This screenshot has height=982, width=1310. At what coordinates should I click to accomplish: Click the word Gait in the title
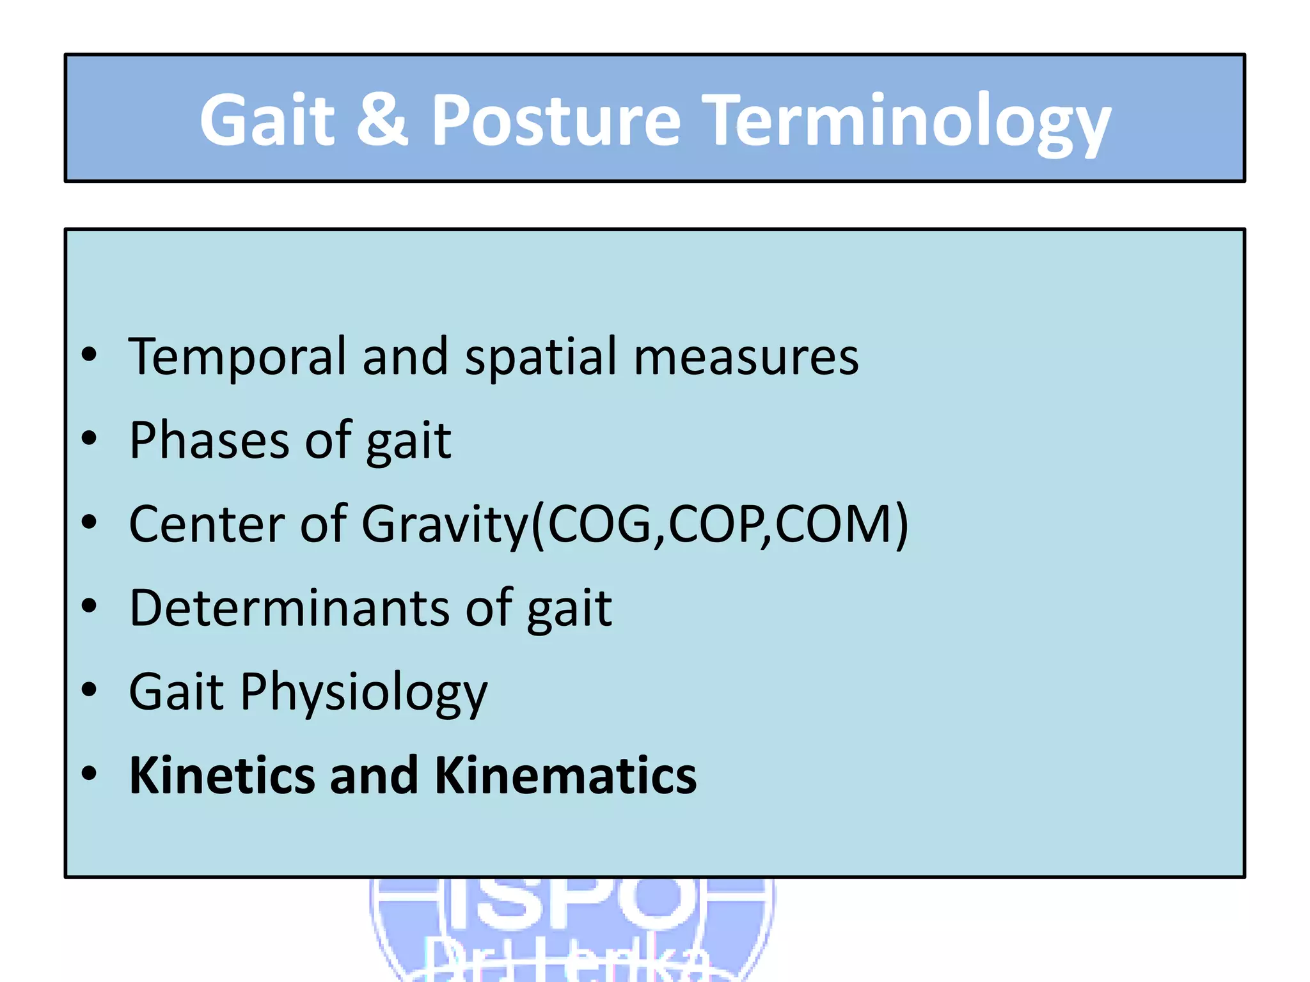coord(267,120)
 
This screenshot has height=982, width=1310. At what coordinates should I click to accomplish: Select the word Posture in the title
coord(556,120)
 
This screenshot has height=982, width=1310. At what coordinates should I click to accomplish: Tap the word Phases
coord(209,440)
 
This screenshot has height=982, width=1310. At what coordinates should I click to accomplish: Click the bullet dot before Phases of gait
coord(90,439)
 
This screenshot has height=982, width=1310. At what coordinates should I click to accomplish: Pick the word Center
coord(206,524)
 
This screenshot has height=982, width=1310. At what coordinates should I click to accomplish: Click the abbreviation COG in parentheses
coord(599,524)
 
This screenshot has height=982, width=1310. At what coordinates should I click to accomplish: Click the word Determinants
coord(289,608)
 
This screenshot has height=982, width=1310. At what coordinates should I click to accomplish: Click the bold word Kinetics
coord(222,775)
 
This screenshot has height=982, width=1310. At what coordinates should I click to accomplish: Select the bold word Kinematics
coord(565,775)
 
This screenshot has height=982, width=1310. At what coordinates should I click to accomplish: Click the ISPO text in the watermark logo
coord(571,901)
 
